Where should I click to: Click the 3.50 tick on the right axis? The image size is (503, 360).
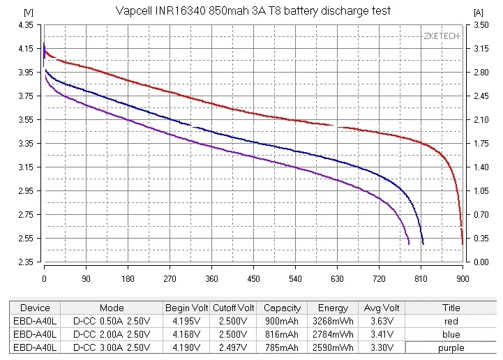click(481, 24)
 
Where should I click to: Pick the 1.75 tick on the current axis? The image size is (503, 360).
click(481, 144)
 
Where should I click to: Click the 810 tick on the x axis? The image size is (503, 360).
click(421, 277)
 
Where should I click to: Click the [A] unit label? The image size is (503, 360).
click(479, 13)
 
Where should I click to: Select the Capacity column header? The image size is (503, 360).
click(282, 308)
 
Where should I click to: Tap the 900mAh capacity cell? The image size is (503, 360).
click(282, 321)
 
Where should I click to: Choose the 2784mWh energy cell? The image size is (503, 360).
click(332, 334)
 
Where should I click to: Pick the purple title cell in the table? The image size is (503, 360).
click(451, 347)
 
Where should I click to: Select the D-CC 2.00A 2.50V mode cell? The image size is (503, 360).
click(112, 334)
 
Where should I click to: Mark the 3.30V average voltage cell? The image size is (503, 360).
click(381, 347)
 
